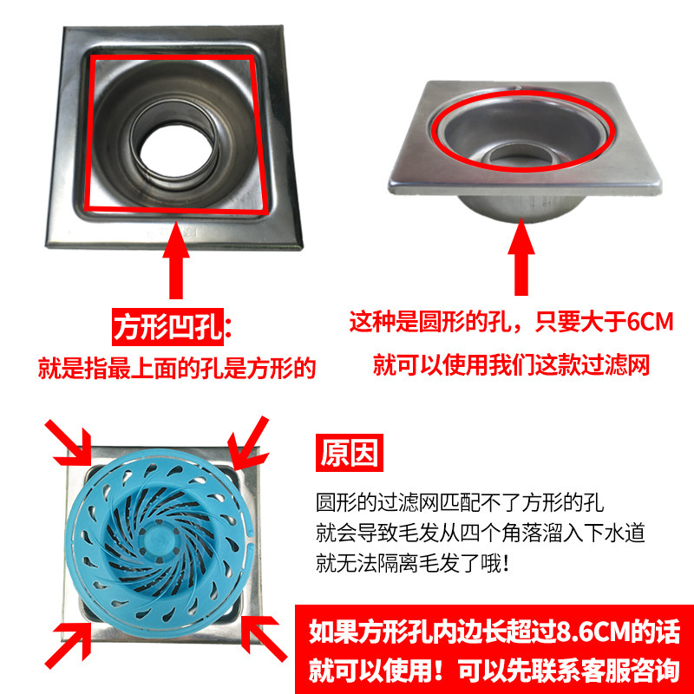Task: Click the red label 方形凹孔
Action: [x=167, y=327]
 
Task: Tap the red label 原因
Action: [x=350, y=452]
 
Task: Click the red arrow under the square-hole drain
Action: [x=176, y=261]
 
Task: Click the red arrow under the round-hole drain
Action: [x=521, y=258]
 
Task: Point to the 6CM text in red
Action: [x=650, y=322]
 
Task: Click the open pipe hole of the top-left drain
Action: [x=176, y=150]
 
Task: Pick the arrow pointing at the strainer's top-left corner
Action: [x=70, y=442]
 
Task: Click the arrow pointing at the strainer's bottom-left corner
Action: [x=69, y=641]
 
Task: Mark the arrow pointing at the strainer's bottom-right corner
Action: [x=263, y=638]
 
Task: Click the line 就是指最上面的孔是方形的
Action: [x=177, y=368]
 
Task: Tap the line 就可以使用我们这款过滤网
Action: [x=511, y=365]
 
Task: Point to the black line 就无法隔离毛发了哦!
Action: [x=413, y=563]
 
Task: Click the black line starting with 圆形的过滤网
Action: [x=460, y=502]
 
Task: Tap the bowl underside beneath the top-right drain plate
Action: [x=520, y=208]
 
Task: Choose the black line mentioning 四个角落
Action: [x=481, y=533]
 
